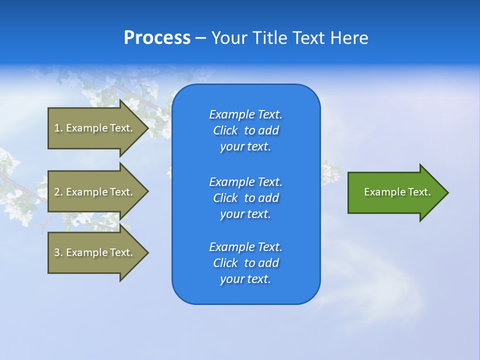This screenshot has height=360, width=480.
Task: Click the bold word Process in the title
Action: coord(157,38)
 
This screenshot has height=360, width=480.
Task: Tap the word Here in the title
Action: coord(349,38)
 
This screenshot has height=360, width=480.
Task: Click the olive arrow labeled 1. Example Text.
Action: coord(95,128)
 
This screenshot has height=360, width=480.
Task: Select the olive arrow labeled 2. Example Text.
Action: coord(95,192)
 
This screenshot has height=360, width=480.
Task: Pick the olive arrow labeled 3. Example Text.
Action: coord(95,252)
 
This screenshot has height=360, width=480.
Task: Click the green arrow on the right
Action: coord(395,192)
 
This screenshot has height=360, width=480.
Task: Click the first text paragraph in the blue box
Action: coord(245,130)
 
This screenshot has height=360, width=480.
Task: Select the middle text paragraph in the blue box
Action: coord(245,198)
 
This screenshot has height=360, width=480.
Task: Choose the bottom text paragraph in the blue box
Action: coord(245,263)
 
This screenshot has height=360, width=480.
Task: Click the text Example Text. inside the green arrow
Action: coord(397,192)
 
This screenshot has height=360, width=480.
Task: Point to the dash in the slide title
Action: coord(200,38)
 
